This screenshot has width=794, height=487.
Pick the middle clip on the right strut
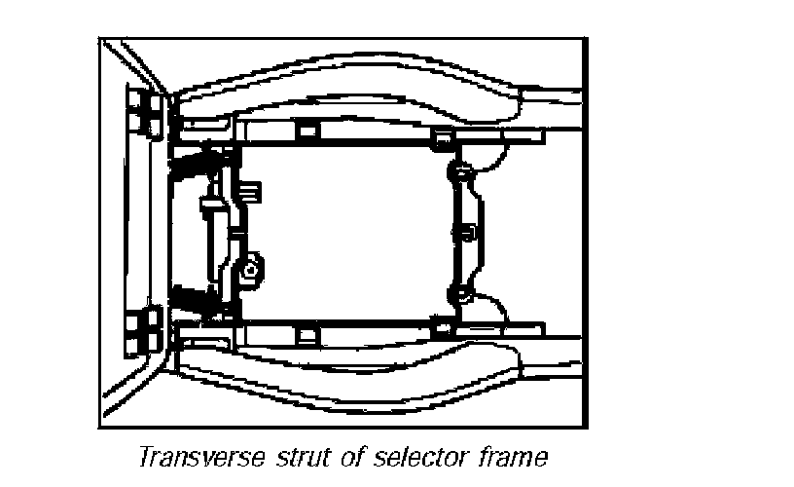click(464, 232)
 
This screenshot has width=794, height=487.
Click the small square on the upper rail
click(307, 131)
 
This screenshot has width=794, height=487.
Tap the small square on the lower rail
click(307, 335)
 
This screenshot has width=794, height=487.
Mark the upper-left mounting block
click(146, 111)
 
